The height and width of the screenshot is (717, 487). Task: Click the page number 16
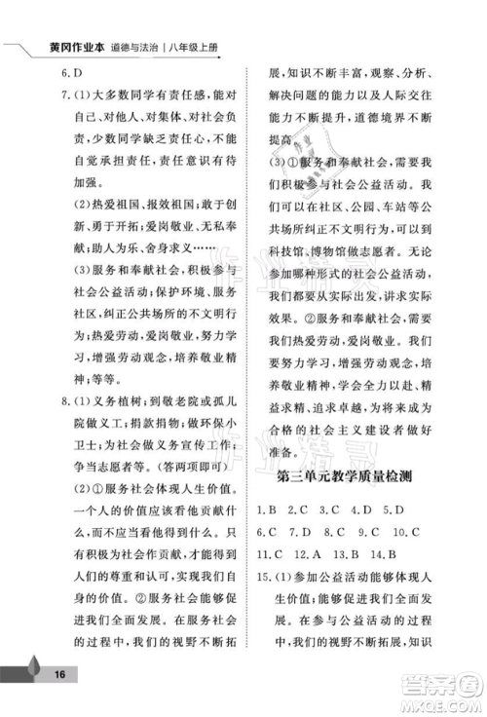pos(59,674)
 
